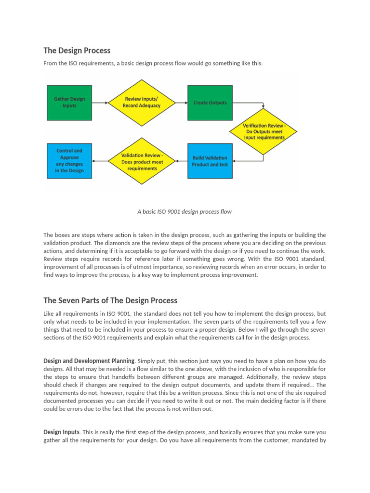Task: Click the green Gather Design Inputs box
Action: (x=69, y=103)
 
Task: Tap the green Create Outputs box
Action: (x=210, y=103)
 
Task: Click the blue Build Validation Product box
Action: (x=210, y=161)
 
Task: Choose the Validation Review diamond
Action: (x=142, y=161)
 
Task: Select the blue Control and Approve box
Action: (x=69, y=161)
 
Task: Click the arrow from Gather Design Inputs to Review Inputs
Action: (x=100, y=103)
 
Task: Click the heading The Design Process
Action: (x=77, y=51)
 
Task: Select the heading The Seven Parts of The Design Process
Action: (x=110, y=300)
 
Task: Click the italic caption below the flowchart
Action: (x=185, y=211)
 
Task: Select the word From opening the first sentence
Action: (x=51, y=64)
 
